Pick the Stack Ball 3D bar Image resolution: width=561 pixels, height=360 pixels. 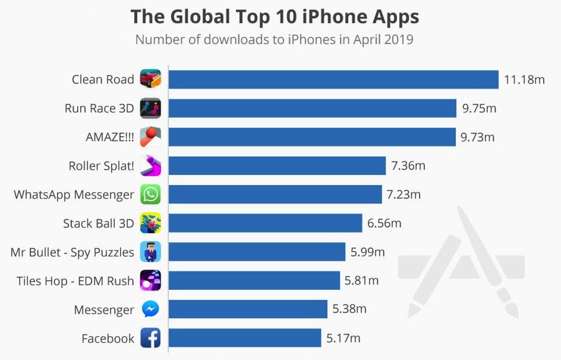click(x=265, y=223)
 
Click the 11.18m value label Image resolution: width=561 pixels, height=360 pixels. click(x=524, y=80)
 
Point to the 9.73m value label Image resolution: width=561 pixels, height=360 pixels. click(x=477, y=137)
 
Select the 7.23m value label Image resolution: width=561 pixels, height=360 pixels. click(x=404, y=195)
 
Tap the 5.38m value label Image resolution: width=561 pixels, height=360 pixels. click(x=349, y=309)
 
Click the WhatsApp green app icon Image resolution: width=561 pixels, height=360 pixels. click(x=150, y=194)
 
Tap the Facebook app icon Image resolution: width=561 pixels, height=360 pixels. click(x=150, y=338)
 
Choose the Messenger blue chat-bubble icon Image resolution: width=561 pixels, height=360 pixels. click(x=150, y=309)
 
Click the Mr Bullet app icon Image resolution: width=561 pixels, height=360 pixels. click(x=150, y=252)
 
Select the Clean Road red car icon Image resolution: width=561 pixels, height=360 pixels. click(x=150, y=79)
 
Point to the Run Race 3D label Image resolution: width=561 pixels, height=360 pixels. click(x=99, y=108)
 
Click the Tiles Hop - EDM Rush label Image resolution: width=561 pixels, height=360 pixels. click(x=75, y=281)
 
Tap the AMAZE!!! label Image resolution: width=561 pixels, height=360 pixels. click(x=110, y=137)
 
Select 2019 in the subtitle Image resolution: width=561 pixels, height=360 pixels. click(x=398, y=40)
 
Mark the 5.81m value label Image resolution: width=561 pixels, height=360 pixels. click(x=361, y=280)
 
